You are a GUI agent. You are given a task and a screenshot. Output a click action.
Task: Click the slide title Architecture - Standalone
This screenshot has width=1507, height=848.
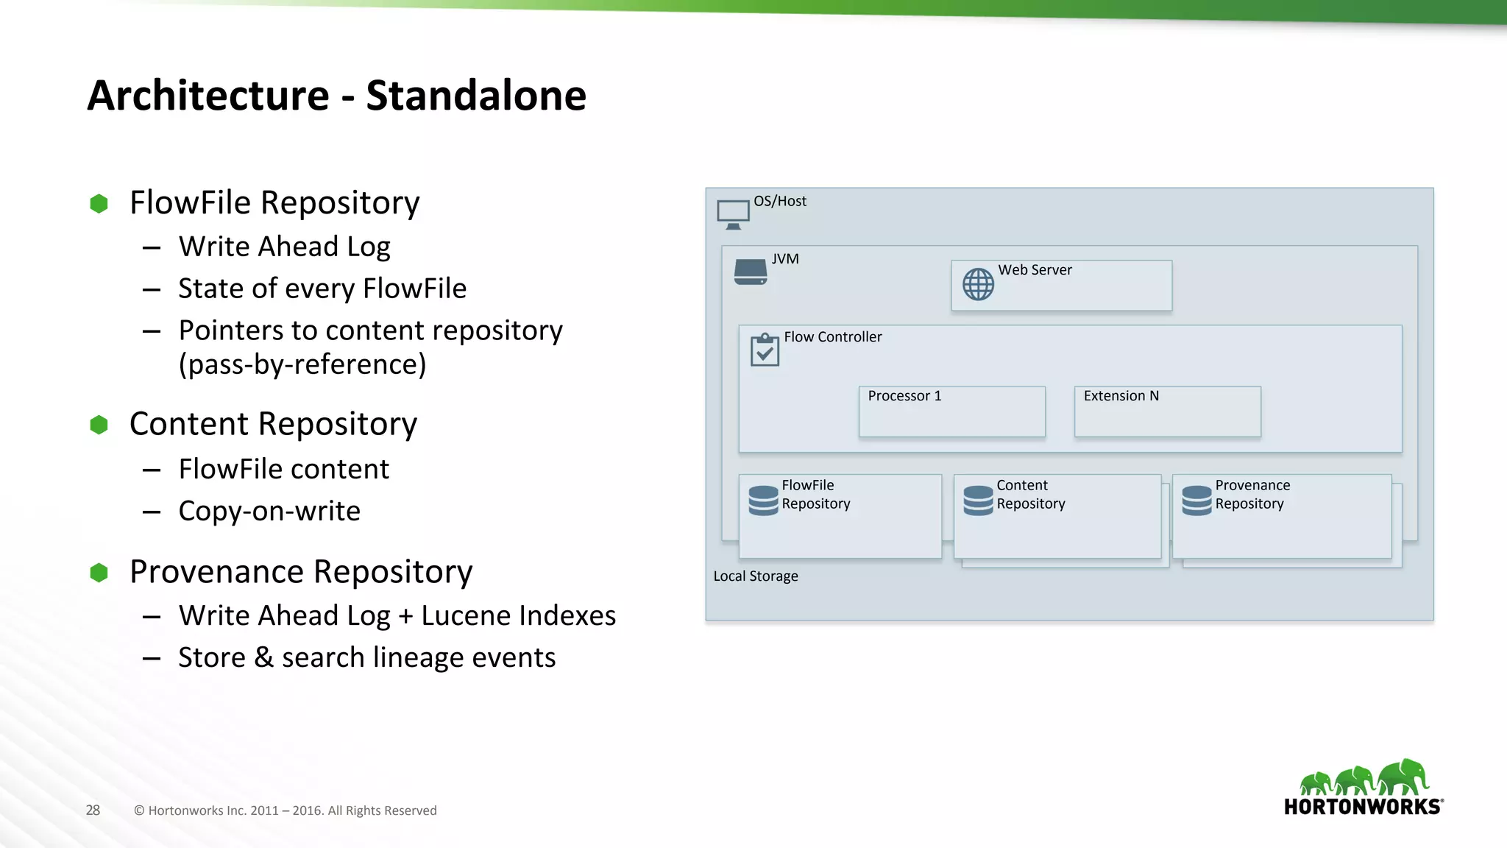(336, 96)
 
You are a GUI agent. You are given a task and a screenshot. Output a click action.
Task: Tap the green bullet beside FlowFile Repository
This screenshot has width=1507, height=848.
(99, 204)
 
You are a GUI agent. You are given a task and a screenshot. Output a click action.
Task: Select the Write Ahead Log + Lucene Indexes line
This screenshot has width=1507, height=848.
(397, 615)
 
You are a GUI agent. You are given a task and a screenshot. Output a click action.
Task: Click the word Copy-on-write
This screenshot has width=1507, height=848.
(269, 511)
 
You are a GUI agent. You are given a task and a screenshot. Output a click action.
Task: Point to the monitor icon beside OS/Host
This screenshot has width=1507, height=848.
(733, 214)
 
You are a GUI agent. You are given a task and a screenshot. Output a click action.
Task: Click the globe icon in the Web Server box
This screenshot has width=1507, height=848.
(978, 284)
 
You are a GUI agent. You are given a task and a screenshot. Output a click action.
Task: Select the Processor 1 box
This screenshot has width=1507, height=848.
(951, 411)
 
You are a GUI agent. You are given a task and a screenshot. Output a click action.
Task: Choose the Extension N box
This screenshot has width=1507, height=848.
(1167, 411)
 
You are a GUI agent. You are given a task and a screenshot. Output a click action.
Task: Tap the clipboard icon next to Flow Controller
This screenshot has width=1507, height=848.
(765, 350)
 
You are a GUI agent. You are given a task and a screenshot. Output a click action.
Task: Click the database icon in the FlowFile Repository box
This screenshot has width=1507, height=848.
(763, 501)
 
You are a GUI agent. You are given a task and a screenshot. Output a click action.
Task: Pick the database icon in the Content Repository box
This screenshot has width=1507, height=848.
(978, 501)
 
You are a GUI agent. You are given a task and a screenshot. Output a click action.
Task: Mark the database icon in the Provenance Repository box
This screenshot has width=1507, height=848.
(1196, 501)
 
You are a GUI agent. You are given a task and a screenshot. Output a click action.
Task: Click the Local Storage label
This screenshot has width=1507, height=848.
(756, 576)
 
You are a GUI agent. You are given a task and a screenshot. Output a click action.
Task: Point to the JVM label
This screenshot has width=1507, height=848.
(785, 259)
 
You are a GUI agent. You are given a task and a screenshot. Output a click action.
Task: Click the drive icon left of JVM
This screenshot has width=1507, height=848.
(751, 272)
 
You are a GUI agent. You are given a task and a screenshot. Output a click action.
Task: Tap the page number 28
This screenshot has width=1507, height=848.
(93, 810)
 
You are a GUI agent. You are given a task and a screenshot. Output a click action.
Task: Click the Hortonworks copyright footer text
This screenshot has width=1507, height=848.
(286, 810)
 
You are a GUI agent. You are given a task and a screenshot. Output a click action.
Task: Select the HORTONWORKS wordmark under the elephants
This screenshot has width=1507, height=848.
(1362, 807)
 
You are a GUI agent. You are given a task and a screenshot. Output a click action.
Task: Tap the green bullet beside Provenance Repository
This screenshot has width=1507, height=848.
(99, 573)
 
